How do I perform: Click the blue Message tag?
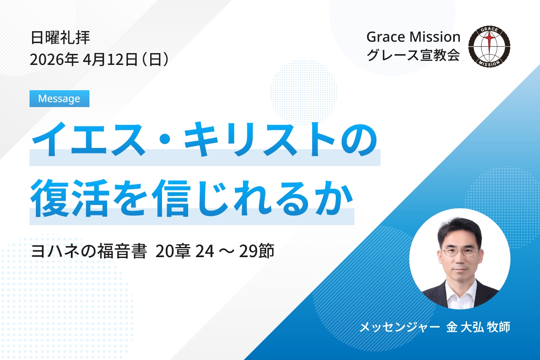[59, 99]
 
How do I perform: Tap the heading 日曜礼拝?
[60, 38]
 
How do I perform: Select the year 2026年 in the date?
[54, 59]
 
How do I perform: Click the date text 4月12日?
[110, 59]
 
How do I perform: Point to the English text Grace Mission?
[413, 38]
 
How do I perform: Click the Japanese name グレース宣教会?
[413, 55]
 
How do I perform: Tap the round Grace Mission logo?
[489, 46]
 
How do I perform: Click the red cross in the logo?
[489, 42]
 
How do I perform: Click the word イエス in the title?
[89, 140]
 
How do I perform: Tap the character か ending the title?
[333, 198]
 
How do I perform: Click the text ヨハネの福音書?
[89, 251]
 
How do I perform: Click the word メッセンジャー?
[400, 327]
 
